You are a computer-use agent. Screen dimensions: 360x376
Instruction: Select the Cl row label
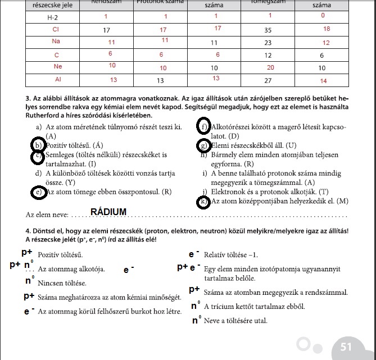coord(55,30)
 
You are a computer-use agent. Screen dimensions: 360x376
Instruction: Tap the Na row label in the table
coord(56,43)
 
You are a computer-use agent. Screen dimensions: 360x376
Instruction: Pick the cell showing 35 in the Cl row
coord(268,29)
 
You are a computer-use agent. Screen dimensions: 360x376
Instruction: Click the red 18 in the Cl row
coord(327,28)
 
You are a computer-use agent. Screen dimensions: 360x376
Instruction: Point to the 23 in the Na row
coord(268,43)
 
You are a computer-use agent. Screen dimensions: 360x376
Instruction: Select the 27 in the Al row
coord(268,80)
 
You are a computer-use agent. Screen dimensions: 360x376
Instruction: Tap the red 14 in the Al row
coord(323,80)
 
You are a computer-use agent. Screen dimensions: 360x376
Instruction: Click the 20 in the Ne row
coord(268,68)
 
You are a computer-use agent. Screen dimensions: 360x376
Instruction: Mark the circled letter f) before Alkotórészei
coord(203,126)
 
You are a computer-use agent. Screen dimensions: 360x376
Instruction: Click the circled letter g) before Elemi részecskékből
coord(203,146)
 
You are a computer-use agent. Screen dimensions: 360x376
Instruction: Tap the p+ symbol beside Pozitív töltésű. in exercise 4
coord(27,253)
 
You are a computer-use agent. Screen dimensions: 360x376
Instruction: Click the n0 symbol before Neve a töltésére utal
coord(196,321)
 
